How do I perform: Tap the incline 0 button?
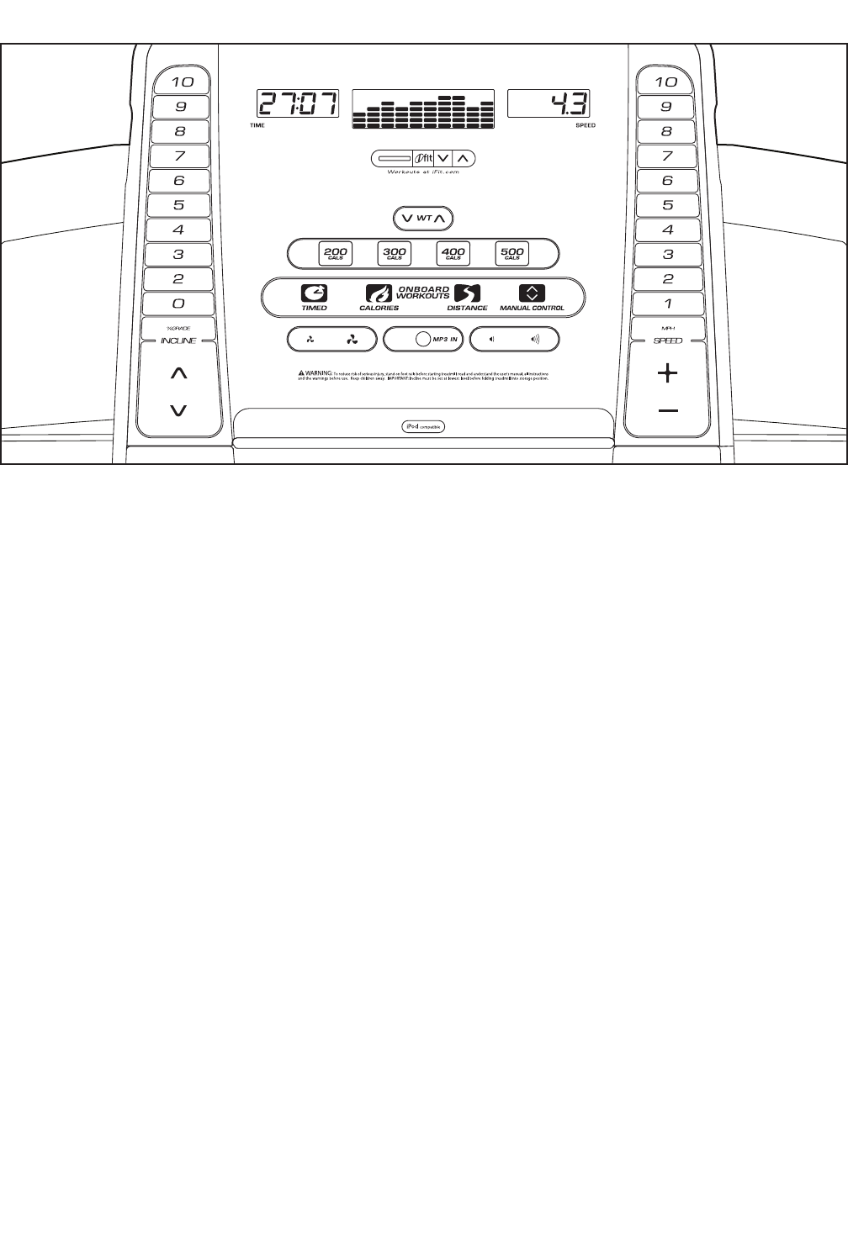click(x=178, y=304)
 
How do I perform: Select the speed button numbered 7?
click(x=667, y=156)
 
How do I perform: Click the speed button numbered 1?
click(x=667, y=304)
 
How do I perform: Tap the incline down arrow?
click(x=178, y=410)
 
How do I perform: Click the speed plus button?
click(x=668, y=373)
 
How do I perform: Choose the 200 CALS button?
click(x=336, y=253)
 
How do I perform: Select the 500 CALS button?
click(x=511, y=253)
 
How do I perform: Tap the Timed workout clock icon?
click(x=315, y=293)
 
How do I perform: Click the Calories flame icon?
click(x=379, y=293)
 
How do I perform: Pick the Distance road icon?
click(x=466, y=293)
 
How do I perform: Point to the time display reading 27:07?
click(x=298, y=105)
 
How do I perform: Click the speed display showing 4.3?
click(x=548, y=105)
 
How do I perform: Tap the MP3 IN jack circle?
click(x=423, y=340)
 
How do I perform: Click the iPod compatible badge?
click(x=422, y=426)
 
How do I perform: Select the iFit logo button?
click(x=423, y=158)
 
